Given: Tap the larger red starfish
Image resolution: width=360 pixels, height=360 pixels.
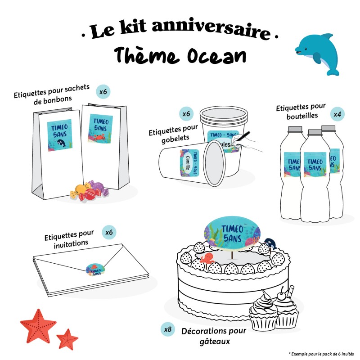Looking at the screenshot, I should [x=38, y=325].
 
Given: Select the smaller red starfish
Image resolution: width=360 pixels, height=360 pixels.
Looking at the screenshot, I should [x=67, y=338].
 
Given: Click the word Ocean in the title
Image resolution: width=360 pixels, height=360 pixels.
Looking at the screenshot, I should [x=216, y=56].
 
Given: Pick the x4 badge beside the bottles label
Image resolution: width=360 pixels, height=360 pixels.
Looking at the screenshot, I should [x=337, y=114].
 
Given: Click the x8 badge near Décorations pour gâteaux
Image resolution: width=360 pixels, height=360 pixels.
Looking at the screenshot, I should [x=167, y=329].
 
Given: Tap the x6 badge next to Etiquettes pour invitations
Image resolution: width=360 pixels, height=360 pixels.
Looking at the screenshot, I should [x=109, y=232].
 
